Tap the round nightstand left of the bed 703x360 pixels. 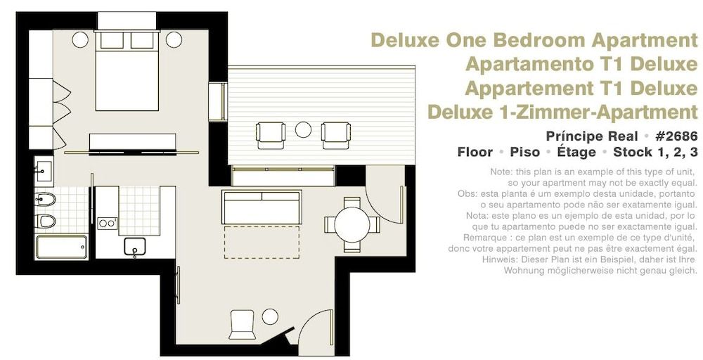point(80,39)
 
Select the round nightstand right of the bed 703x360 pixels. point(174,39)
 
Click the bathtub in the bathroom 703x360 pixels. point(61,247)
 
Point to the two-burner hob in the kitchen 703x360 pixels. point(107,224)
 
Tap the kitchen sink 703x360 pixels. point(134,246)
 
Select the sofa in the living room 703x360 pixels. point(261,207)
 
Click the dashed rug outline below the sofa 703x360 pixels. point(262,242)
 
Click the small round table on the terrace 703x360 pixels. point(303,130)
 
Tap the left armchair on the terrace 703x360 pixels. point(271,134)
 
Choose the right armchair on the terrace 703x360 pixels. point(335,134)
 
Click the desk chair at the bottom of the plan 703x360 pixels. point(242,324)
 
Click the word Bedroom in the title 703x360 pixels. point(544,40)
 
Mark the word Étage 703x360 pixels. point(577,152)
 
